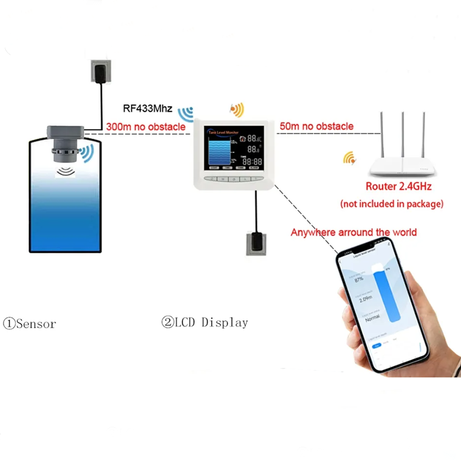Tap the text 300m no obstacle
[145, 126]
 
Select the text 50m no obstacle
[317, 126]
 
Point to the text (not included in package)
[392, 204]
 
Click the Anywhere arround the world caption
[354, 232]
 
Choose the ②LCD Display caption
[204, 323]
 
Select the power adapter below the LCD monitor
[256, 243]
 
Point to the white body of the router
[404, 168]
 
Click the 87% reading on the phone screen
[360, 279]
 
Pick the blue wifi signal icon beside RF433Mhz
[187, 113]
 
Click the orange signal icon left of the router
[350, 158]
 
